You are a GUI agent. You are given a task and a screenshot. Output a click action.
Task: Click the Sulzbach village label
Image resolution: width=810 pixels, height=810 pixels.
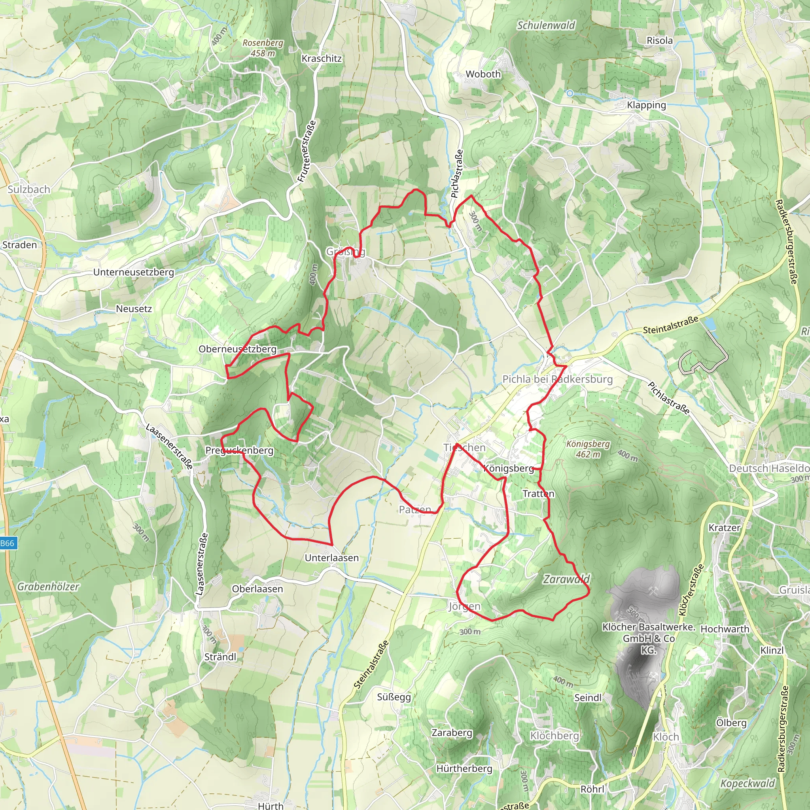[x=29, y=189]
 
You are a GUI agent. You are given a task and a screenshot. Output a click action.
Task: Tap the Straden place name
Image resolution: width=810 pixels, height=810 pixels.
[x=20, y=245]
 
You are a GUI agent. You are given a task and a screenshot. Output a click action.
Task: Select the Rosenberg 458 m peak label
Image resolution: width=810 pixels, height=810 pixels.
[x=263, y=48]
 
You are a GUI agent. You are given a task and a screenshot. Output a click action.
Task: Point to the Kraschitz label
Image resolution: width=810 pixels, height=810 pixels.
[x=322, y=59]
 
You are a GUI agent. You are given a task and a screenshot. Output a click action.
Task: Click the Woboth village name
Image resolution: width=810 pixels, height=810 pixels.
[x=483, y=74]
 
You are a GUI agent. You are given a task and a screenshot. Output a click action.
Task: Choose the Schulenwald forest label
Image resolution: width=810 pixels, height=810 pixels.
[x=546, y=26]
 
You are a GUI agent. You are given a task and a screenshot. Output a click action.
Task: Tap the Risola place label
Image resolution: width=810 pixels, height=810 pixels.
[x=659, y=41]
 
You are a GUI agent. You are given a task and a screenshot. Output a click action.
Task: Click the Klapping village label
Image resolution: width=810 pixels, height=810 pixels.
[x=647, y=105]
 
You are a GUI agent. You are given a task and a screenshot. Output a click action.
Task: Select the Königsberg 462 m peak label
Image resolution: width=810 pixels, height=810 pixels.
[x=588, y=449]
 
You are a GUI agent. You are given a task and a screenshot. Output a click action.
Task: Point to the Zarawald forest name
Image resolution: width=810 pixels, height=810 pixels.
[x=566, y=579]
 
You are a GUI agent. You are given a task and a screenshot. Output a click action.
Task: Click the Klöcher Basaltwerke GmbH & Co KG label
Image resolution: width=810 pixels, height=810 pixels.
[x=649, y=638]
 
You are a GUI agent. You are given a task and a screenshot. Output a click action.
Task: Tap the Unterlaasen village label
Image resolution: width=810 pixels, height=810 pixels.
[x=331, y=558]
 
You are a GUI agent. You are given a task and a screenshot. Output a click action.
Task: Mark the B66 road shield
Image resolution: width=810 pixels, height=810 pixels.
[x=7, y=543]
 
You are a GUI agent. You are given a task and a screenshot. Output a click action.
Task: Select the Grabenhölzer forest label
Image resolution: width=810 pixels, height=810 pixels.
[x=48, y=587]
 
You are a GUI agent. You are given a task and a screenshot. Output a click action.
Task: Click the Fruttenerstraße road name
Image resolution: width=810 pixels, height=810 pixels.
[x=307, y=151]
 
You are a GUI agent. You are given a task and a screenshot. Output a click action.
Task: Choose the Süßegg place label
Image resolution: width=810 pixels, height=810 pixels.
[x=394, y=697]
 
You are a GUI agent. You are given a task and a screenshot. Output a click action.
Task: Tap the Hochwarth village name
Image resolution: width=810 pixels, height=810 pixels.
[x=725, y=629]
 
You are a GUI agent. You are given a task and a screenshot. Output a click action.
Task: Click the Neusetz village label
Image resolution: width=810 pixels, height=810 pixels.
[x=134, y=309]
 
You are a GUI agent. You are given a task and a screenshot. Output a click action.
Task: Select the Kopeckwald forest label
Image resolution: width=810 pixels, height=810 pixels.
[x=748, y=783]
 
